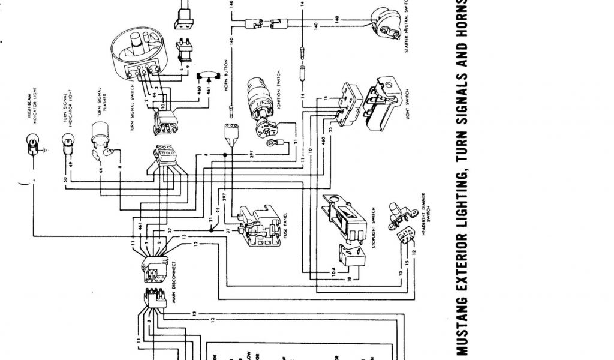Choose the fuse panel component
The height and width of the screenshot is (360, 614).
point(257,224)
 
